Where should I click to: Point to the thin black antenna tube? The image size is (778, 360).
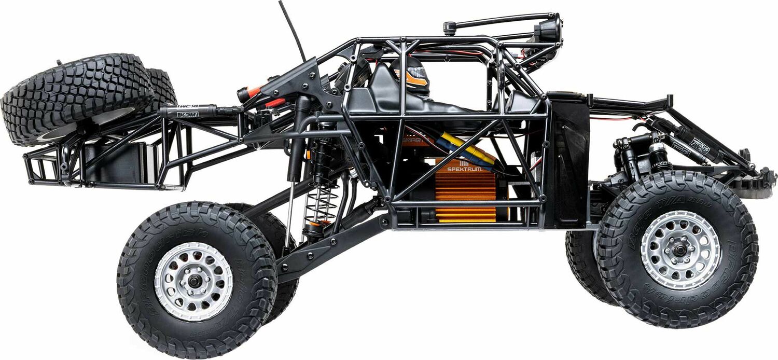coord(293,31)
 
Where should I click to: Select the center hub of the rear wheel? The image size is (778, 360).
coord(193,281)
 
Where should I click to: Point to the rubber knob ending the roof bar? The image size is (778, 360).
coord(449,27)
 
